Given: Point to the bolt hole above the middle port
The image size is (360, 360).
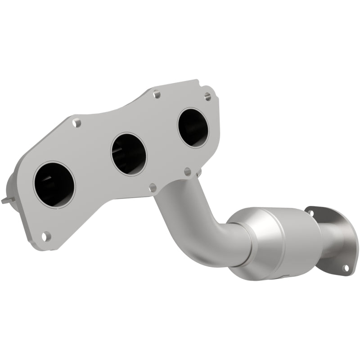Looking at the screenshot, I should point(156,94).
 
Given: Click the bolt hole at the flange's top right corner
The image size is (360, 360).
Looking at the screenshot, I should point(207,96).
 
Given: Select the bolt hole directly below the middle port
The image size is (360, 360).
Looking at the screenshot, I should point(152,187).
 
